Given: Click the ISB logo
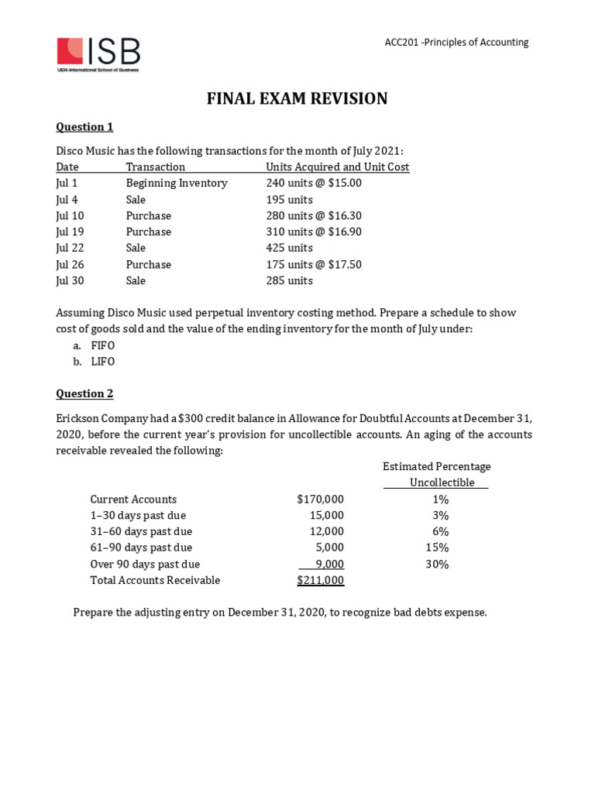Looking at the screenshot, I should (98, 53).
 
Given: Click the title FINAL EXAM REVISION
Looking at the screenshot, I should (297, 98).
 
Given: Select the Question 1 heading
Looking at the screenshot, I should (84, 127).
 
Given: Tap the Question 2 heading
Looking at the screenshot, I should (84, 393).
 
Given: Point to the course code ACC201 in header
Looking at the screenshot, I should (402, 43).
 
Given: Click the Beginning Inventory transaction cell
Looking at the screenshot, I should (177, 184).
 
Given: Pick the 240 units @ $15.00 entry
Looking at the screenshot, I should (314, 184).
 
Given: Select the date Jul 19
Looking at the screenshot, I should (70, 232).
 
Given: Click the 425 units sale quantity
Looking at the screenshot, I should (289, 248).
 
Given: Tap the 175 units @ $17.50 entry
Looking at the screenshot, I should (314, 264).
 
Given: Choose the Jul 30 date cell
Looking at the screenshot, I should (70, 280).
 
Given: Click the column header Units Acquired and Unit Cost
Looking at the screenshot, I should (337, 167).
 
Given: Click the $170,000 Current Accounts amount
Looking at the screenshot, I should (320, 499).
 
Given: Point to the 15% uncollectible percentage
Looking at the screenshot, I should (437, 548).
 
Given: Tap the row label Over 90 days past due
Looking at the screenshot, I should (145, 565).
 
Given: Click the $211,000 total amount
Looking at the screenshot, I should (320, 581).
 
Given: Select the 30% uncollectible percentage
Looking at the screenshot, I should (437, 565).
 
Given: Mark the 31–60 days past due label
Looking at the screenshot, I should (141, 532).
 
